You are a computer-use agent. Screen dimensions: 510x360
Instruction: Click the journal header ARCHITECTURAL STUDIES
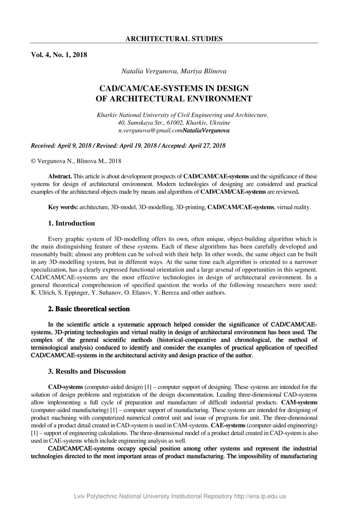(174, 39)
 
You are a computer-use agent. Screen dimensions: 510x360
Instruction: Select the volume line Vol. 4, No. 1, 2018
(59, 54)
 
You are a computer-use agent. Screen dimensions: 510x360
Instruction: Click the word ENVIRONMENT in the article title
(217, 99)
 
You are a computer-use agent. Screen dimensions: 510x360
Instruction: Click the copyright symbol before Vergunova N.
(33, 161)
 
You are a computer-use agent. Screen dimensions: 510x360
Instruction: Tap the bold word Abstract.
(60, 176)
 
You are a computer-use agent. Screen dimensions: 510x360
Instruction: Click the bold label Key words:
(63, 207)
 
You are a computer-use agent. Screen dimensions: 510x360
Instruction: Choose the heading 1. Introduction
(72, 223)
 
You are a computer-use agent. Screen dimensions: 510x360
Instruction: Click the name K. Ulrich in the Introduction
(43, 293)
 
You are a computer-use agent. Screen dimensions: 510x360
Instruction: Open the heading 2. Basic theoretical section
(89, 309)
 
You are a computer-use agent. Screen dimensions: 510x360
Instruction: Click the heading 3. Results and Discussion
(87, 371)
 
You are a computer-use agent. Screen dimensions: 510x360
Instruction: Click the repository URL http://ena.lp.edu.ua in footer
(260, 496)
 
